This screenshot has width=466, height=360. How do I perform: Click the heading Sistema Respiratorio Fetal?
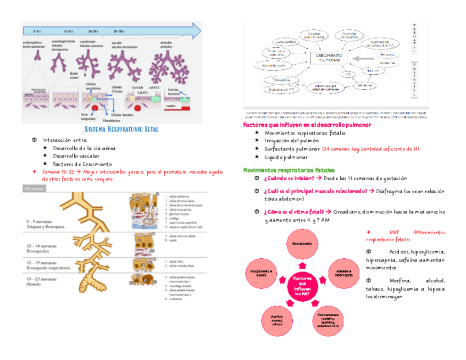[121, 129]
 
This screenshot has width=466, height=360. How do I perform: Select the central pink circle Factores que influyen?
[302, 285]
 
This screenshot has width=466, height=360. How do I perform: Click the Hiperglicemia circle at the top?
[302, 243]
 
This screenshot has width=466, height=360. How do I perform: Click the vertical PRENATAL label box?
[414, 38]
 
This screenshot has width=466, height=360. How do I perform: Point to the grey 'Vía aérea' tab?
[34, 189]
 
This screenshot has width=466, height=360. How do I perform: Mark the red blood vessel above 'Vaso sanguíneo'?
[95, 108]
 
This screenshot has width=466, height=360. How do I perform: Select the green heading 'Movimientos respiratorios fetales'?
[289, 170]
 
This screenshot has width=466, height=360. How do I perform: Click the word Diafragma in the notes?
[394, 191]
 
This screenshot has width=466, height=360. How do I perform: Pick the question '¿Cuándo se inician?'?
[289, 179]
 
